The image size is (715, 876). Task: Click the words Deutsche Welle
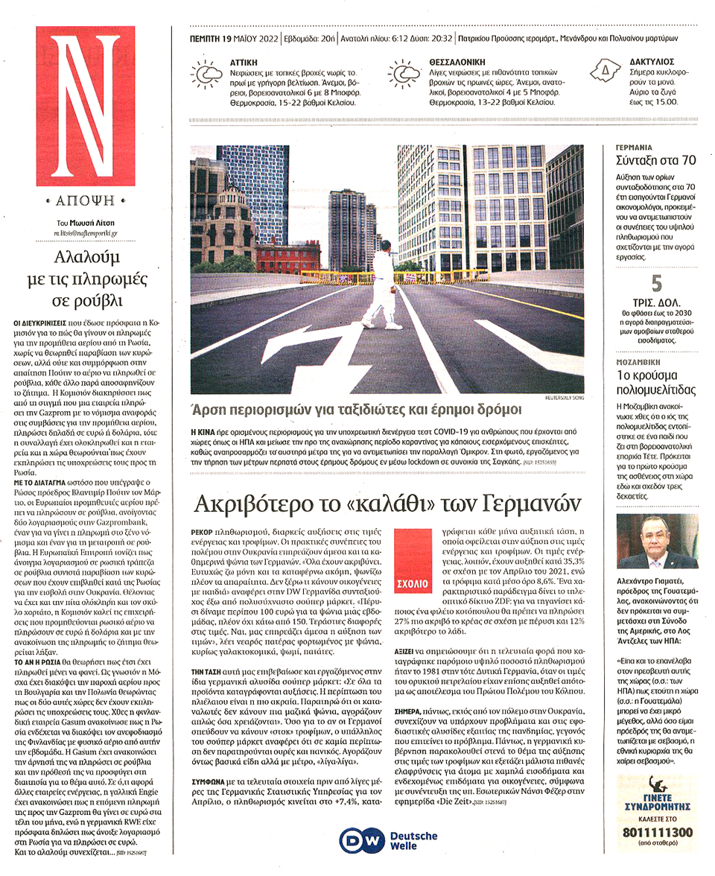point(413,840)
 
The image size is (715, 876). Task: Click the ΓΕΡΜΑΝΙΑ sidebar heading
point(635,147)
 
